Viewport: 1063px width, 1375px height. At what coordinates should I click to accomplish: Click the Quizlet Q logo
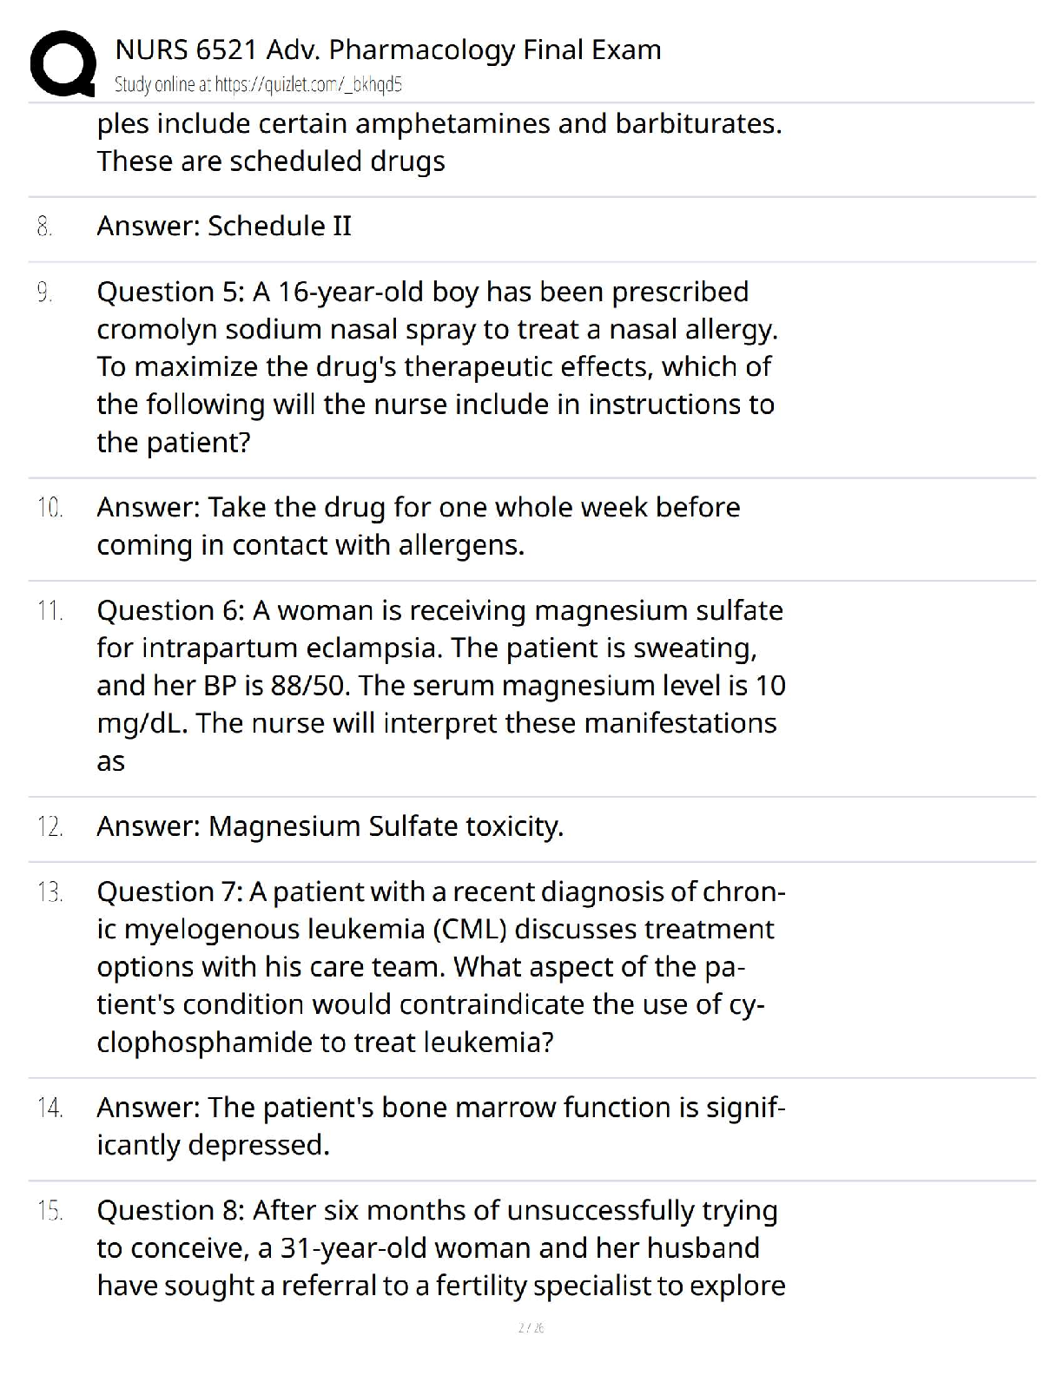(63, 62)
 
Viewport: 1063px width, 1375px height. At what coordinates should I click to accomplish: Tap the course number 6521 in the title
(227, 49)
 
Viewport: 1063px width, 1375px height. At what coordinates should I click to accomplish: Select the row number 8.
(44, 227)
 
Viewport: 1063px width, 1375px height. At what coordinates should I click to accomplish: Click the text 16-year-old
(351, 292)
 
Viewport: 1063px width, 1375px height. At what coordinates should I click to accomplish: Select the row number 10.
(50, 508)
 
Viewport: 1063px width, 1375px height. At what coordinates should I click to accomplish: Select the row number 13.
(50, 892)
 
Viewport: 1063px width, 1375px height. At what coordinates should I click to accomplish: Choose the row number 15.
(50, 1211)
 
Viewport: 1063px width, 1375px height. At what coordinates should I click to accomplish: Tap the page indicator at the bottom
(531, 1327)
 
